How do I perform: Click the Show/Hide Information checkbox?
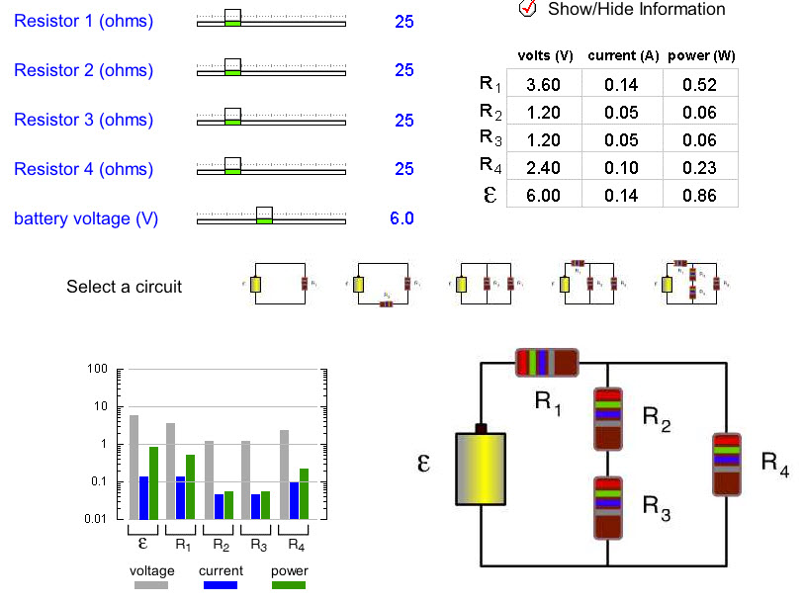(527, 9)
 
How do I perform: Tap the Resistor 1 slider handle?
(232, 17)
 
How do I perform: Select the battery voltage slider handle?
(264, 215)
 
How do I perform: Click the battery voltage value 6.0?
(402, 218)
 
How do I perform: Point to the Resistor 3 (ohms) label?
(83, 120)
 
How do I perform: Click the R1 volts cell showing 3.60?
(543, 85)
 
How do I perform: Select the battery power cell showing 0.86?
(700, 196)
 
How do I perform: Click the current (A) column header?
(623, 56)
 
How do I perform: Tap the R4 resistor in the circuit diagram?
(726, 463)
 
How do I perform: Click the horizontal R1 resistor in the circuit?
(547, 363)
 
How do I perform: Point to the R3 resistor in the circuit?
(607, 507)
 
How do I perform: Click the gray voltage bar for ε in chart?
(134, 468)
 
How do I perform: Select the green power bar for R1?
(191, 487)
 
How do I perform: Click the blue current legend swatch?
(220, 585)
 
